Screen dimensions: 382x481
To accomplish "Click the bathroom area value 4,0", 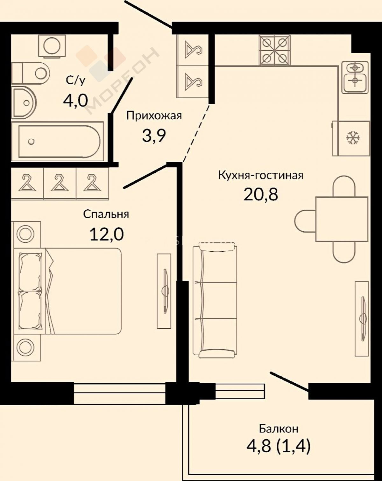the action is [x=75, y=101].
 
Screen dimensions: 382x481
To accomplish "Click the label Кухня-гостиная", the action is [x=261, y=176].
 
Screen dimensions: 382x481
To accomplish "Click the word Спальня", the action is [x=106, y=214].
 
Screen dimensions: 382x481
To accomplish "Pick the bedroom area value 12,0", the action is [x=107, y=234].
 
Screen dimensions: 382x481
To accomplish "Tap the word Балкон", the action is [x=279, y=429].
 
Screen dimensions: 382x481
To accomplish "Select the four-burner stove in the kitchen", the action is [x=275, y=50].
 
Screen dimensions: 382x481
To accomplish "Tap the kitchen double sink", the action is [x=355, y=77].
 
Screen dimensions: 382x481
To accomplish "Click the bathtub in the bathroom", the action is [x=58, y=142].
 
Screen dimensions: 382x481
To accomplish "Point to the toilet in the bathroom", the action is [x=30, y=73].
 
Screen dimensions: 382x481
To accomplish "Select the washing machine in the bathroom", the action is [x=52, y=45].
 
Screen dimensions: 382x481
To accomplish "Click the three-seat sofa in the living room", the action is [x=215, y=301].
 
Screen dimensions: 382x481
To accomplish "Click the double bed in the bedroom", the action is [x=67, y=291].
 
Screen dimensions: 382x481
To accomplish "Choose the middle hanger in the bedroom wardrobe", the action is [x=60, y=183].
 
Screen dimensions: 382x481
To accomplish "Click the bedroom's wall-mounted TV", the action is [x=164, y=291].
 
